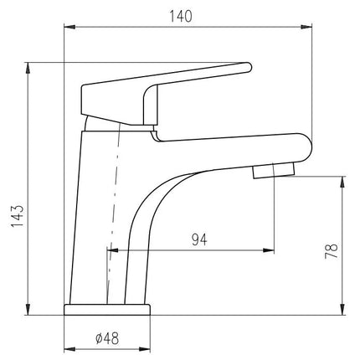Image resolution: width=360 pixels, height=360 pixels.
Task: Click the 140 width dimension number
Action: tap(181, 17)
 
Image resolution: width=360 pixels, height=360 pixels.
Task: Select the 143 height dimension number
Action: tap(18, 216)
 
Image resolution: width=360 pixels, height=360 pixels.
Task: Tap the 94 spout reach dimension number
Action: tap(199, 239)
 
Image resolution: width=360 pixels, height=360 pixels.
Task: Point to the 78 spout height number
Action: tap(332, 251)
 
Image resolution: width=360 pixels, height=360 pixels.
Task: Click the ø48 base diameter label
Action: tap(107, 338)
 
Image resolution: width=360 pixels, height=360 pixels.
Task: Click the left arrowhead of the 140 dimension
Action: tap(69, 27)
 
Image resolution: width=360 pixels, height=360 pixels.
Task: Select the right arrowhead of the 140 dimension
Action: tap(306, 27)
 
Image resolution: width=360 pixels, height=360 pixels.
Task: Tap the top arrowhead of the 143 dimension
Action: tap(28, 68)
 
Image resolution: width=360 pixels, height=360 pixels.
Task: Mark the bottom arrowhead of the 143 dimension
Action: tap(28, 309)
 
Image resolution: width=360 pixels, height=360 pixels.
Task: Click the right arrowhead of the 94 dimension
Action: tap(268, 250)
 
